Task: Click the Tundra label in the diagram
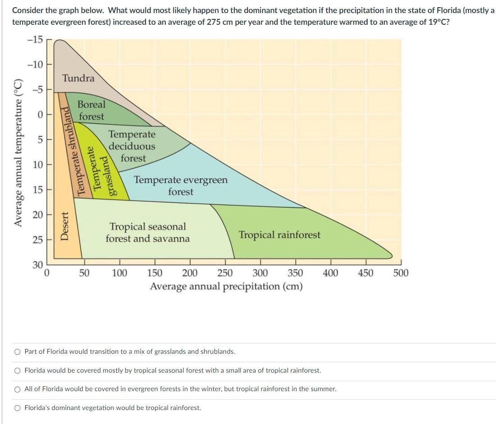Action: [78, 78]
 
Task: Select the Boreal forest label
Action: [91, 110]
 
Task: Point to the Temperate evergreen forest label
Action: [181, 186]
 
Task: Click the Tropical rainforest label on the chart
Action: [279, 235]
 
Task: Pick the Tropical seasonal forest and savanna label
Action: [148, 233]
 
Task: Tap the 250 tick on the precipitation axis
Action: [225, 273]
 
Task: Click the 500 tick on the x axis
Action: [400, 273]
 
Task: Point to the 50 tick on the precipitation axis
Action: [84, 273]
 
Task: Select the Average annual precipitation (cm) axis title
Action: [226, 287]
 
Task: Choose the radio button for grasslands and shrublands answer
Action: [17, 352]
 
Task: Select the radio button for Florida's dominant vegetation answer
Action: [17, 408]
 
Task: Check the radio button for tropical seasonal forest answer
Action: [17, 370]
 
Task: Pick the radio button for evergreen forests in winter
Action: [17, 389]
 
